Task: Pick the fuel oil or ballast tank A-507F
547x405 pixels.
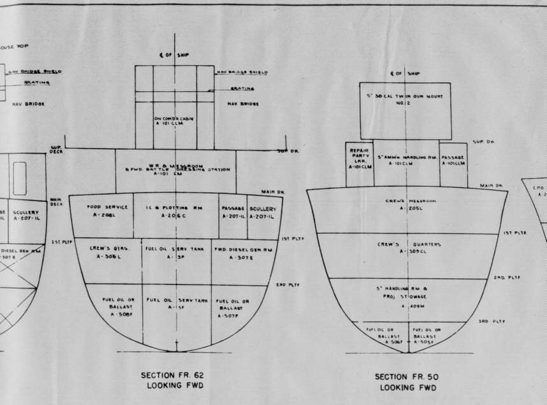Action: coord(232,307)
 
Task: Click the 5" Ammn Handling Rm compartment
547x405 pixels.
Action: coord(406,160)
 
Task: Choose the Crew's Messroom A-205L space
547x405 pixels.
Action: coord(406,203)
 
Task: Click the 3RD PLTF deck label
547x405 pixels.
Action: coord(492,321)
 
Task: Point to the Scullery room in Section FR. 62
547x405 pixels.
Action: coord(263,211)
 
